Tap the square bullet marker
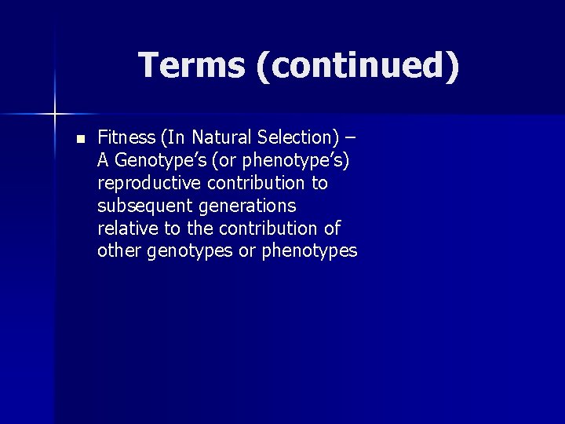[x=79, y=139]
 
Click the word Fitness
[x=126, y=138]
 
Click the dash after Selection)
[x=349, y=138]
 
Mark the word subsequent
[x=138, y=207]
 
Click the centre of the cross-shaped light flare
[x=56, y=115]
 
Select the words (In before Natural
[x=173, y=138]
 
